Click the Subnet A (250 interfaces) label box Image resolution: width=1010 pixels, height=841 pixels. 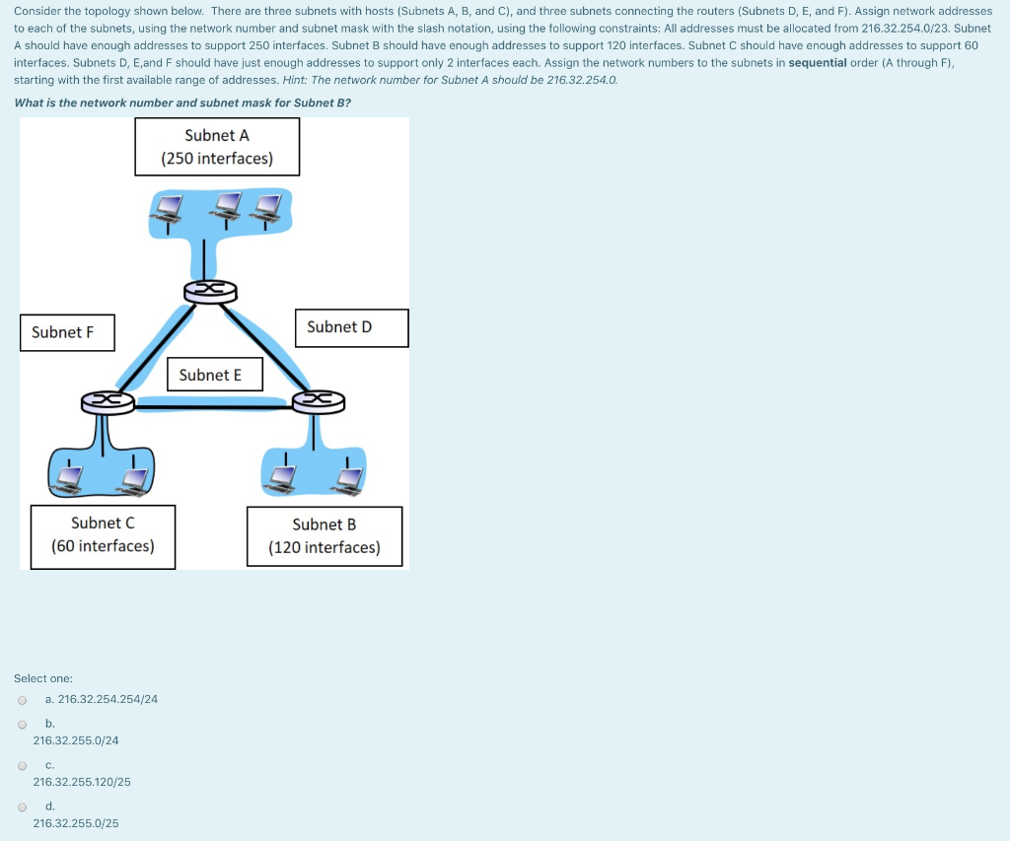click(217, 147)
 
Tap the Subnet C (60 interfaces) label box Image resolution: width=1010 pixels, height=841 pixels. click(103, 535)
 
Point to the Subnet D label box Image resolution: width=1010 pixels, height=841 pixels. click(351, 327)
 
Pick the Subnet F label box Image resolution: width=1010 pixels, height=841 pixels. click(67, 332)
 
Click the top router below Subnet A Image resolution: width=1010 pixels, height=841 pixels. click(210, 291)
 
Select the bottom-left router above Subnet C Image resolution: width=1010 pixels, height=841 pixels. click(108, 400)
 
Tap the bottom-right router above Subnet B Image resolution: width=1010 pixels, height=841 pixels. click(319, 400)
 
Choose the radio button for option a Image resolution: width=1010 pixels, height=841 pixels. click(22, 700)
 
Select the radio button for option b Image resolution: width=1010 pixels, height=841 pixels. click(22, 724)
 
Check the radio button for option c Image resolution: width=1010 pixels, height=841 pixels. click(22, 765)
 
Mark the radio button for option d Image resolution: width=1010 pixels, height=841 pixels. click(22, 806)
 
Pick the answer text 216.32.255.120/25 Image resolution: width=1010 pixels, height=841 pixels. click(82, 782)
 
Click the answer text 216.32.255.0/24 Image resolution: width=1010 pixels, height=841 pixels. click(76, 740)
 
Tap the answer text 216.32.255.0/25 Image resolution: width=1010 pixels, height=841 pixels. click(76, 823)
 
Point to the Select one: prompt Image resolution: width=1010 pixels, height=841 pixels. click(43, 678)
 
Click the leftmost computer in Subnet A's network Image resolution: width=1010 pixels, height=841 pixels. click(170, 207)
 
